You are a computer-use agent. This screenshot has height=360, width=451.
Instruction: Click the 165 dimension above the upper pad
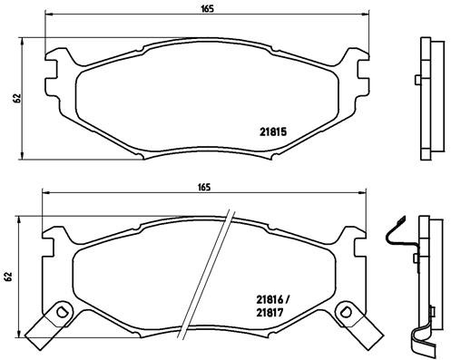(208, 8)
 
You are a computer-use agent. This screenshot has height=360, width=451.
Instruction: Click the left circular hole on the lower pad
(62, 313)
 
